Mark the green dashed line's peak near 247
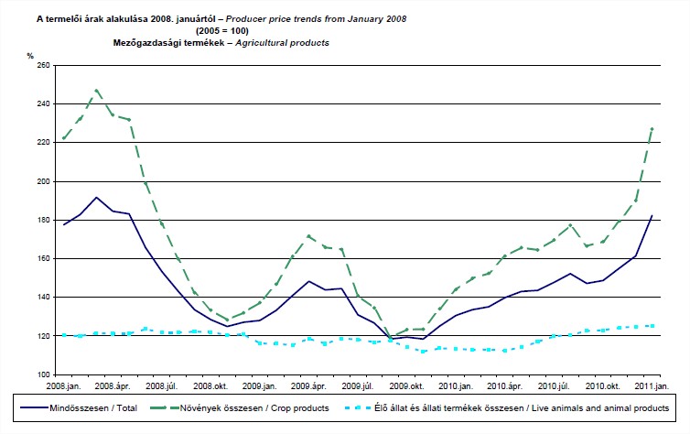[96, 91]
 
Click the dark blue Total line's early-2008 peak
[96, 197]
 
